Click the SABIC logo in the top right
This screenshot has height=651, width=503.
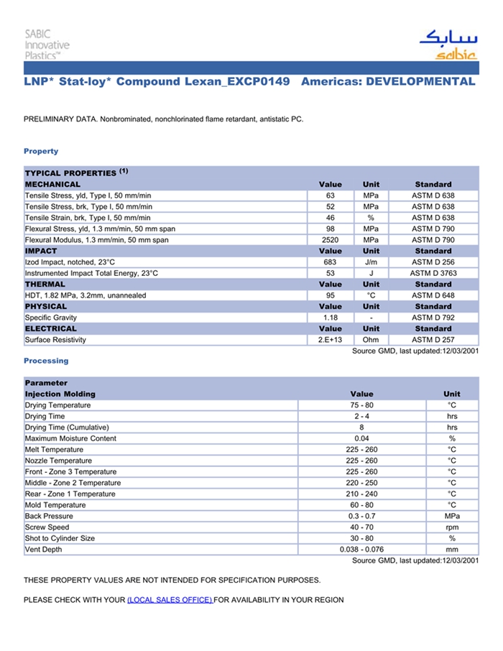pyautogui.click(x=447, y=45)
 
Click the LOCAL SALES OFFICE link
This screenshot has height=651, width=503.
pyautogui.click(x=170, y=600)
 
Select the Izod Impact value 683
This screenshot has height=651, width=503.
pyautogui.click(x=331, y=262)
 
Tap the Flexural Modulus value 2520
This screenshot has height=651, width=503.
pyautogui.click(x=331, y=240)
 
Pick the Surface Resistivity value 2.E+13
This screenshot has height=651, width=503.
pyautogui.click(x=331, y=340)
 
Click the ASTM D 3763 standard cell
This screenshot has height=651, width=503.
pyautogui.click(x=433, y=273)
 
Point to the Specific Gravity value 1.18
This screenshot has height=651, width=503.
pyautogui.click(x=331, y=318)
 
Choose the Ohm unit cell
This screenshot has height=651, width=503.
pyautogui.click(x=371, y=340)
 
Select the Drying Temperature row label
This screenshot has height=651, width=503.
pyautogui.click(x=58, y=405)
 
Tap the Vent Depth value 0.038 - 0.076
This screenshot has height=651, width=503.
pyautogui.click(x=361, y=550)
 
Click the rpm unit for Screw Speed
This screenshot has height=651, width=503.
pyautogui.click(x=452, y=527)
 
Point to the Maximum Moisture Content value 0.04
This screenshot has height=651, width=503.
pyautogui.click(x=361, y=438)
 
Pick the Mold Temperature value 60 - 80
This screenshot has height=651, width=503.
pyautogui.click(x=361, y=505)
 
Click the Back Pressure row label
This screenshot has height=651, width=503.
pyautogui.click(x=49, y=516)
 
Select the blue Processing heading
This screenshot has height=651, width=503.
pyautogui.click(x=46, y=361)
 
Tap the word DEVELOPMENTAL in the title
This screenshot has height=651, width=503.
pyautogui.click(x=420, y=81)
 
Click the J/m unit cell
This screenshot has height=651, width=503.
pyautogui.click(x=371, y=262)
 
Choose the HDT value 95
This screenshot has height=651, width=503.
pyautogui.click(x=331, y=295)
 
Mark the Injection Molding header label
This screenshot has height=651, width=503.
pyautogui.click(x=60, y=394)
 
